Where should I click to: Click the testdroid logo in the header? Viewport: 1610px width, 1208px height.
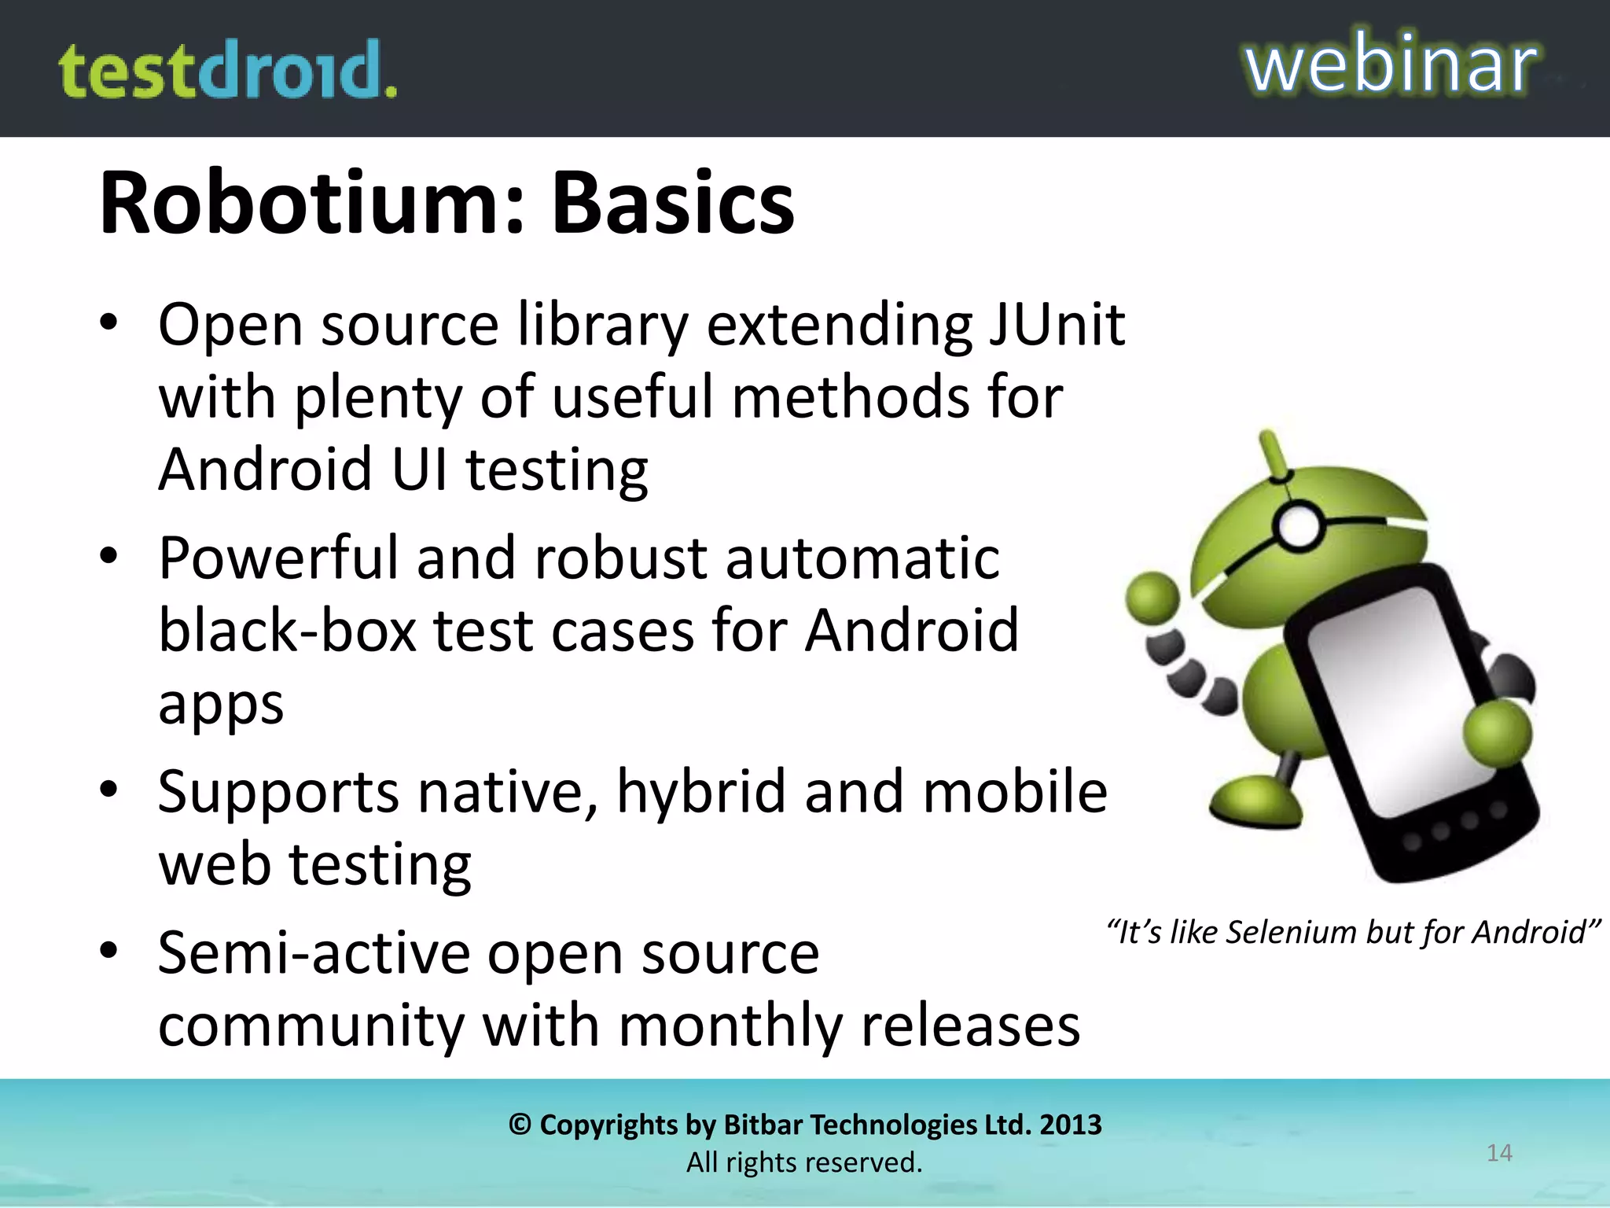(x=228, y=71)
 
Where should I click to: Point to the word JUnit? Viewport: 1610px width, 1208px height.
(x=1057, y=324)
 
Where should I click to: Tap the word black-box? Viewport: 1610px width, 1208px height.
(x=287, y=631)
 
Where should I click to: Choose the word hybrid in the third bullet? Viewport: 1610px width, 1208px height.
(x=700, y=791)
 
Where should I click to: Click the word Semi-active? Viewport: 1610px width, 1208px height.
(x=313, y=953)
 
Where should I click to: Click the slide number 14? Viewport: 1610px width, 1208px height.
(x=1499, y=1153)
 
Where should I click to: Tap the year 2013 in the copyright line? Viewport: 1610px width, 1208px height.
(x=1070, y=1125)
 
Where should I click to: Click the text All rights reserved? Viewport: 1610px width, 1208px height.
(x=804, y=1162)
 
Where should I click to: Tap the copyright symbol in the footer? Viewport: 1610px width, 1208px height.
(x=520, y=1125)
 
